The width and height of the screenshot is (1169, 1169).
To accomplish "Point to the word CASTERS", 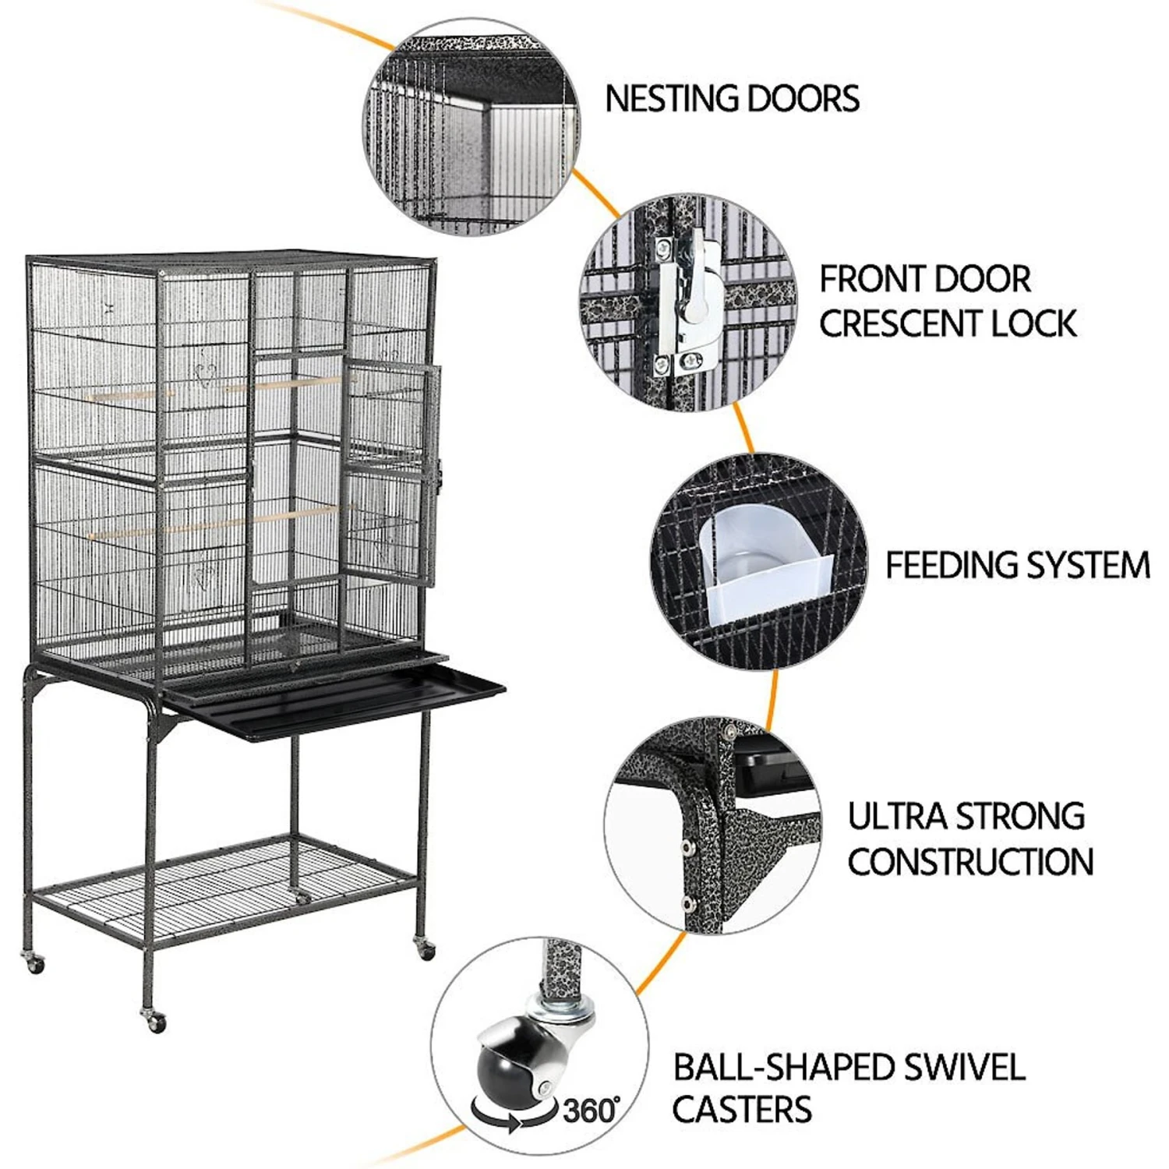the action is pyautogui.click(x=742, y=1109).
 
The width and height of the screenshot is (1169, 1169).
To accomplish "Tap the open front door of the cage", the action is pyautogui.click(x=390, y=475).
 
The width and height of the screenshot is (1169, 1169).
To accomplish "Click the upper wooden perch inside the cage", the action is pyautogui.click(x=218, y=388).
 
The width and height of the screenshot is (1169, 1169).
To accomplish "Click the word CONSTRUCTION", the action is pyautogui.click(x=971, y=862).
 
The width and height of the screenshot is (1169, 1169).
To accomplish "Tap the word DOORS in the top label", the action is pyautogui.click(x=803, y=99).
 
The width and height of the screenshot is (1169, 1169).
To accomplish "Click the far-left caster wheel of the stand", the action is pyautogui.click(x=34, y=963).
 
